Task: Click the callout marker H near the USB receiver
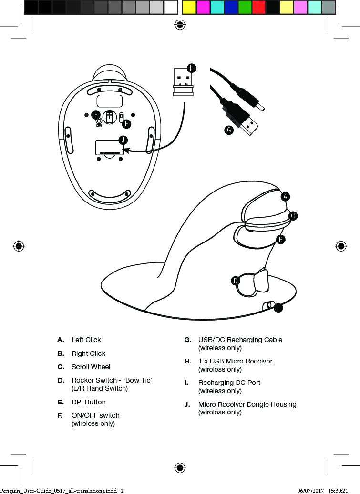click(191, 68)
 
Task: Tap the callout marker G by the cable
click(229, 130)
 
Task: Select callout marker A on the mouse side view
click(285, 196)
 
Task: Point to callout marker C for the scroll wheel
click(293, 216)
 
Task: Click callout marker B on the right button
click(281, 239)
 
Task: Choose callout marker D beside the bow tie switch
click(235, 281)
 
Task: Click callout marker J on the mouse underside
click(123, 140)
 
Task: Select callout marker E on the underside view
click(95, 115)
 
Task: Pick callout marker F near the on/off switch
click(126, 124)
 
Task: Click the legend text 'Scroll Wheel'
click(91, 367)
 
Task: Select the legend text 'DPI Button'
click(88, 402)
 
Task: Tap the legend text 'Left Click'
click(86, 340)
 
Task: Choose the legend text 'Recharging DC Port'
click(229, 383)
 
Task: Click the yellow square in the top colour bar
click(189, 7)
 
